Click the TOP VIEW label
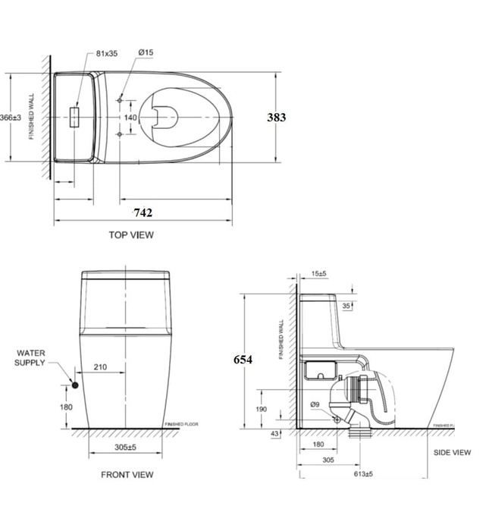click(131, 235)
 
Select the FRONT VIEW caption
click(127, 475)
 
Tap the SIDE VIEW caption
click(451, 453)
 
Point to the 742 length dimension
click(143, 213)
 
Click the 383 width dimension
click(276, 118)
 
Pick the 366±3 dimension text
click(11, 118)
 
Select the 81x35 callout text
click(108, 53)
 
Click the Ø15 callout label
click(146, 53)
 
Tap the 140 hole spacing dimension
click(130, 118)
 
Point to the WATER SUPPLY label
click(35, 357)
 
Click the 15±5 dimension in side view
click(318, 274)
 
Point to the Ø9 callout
click(315, 404)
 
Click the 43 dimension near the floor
click(274, 433)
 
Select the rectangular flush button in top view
click(76, 118)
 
